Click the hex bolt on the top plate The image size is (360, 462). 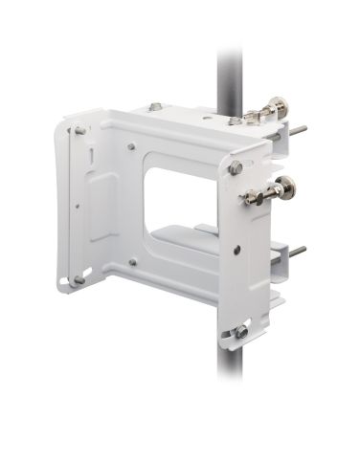pyautogui.click(x=155, y=107)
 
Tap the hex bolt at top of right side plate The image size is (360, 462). pyautogui.click(x=235, y=168)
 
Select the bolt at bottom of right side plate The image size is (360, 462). pyautogui.click(x=241, y=331)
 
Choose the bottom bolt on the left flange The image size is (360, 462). pyautogui.click(x=79, y=280)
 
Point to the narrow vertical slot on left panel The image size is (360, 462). pyautogui.click(x=90, y=157)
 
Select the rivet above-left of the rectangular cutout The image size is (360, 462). pyautogui.click(x=131, y=147)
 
